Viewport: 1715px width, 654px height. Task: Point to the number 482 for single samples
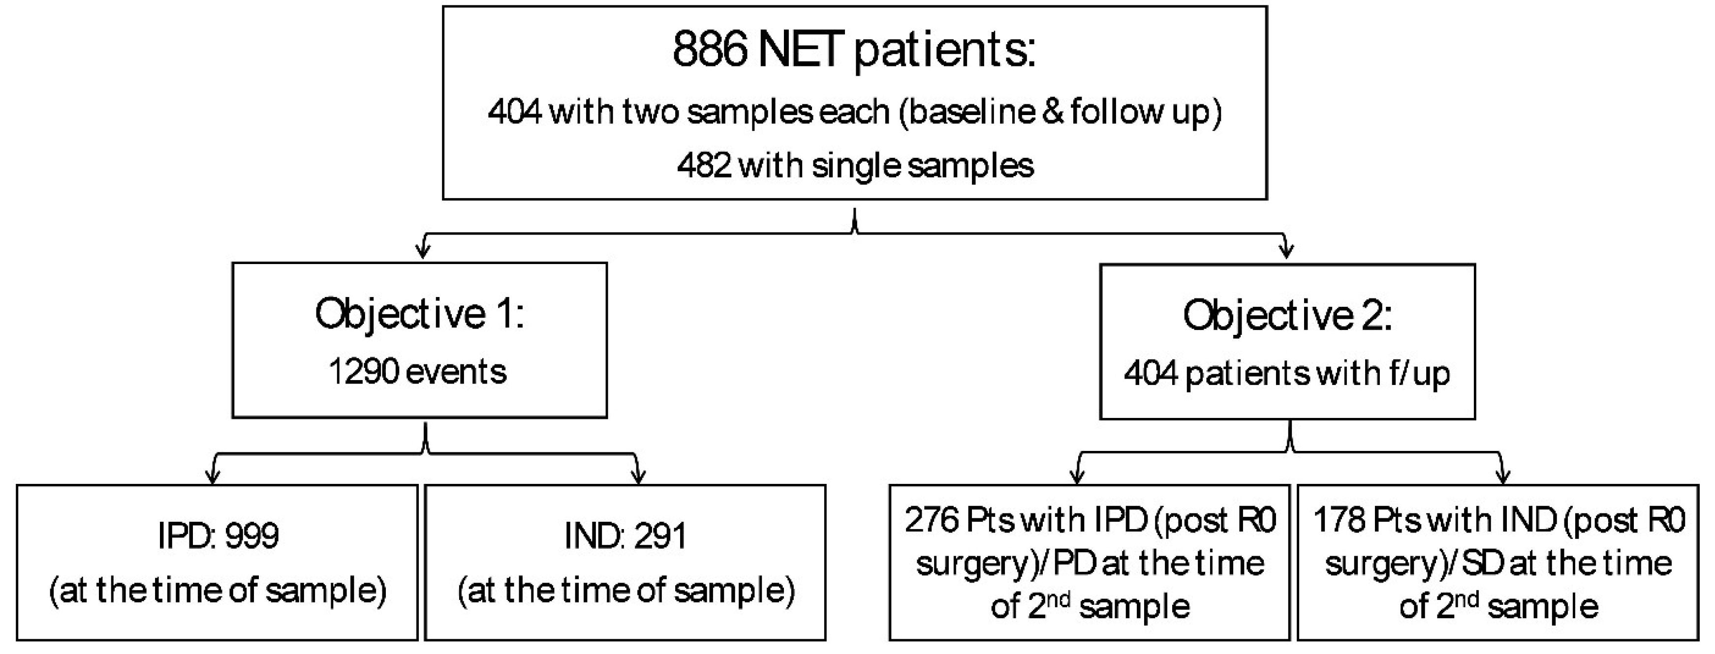click(704, 165)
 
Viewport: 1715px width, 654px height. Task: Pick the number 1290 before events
click(363, 371)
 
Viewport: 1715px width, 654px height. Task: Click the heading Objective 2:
click(1287, 315)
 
